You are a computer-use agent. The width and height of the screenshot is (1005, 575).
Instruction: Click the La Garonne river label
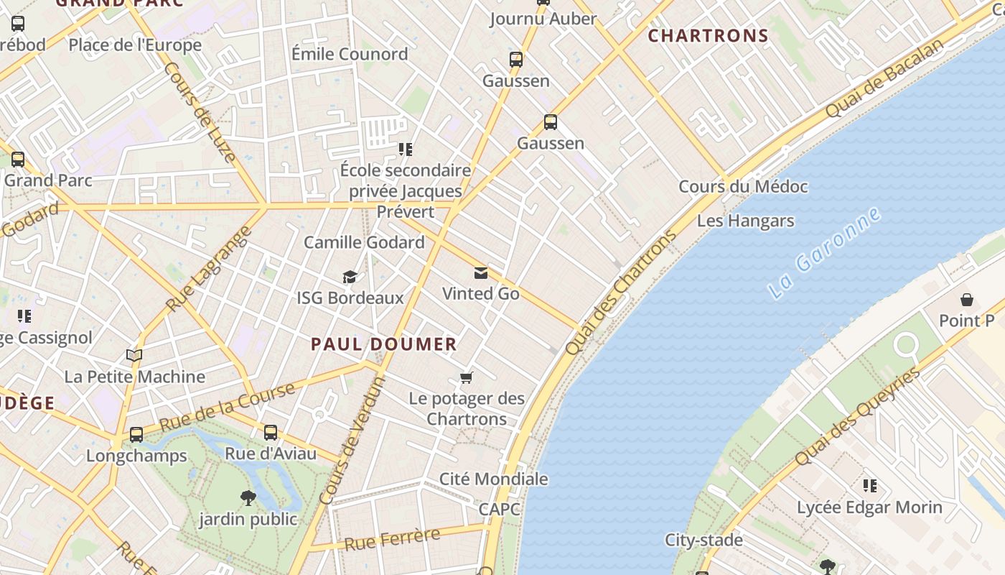pyautogui.click(x=825, y=254)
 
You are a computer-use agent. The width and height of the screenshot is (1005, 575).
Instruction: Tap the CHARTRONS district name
pyautogui.click(x=708, y=35)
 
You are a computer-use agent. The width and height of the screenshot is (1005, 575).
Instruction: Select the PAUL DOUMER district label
pyautogui.click(x=383, y=344)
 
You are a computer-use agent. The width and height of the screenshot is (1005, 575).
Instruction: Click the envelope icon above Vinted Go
pyautogui.click(x=480, y=273)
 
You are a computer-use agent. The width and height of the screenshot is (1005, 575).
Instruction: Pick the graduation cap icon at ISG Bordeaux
pyautogui.click(x=350, y=277)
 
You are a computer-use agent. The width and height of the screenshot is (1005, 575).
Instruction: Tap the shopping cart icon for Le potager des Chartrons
pyautogui.click(x=467, y=378)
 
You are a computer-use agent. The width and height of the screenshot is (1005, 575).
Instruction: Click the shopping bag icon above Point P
pyautogui.click(x=966, y=300)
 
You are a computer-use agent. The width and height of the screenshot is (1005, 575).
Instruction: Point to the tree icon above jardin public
pyautogui.click(x=248, y=498)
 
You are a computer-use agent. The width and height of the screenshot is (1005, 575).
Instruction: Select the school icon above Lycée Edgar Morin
pyautogui.click(x=869, y=487)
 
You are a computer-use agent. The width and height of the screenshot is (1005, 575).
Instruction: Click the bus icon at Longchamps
pyautogui.click(x=136, y=435)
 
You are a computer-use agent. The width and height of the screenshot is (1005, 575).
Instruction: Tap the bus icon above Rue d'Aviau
pyautogui.click(x=270, y=433)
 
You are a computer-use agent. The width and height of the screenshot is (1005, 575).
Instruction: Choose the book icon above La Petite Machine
pyautogui.click(x=134, y=356)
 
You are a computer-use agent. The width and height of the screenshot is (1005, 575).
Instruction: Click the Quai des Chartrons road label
pyautogui.click(x=621, y=293)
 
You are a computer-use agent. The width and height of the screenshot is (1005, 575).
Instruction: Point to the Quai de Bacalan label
pyautogui.click(x=884, y=79)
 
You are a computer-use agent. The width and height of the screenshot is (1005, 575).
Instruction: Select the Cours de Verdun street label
pyautogui.click(x=352, y=441)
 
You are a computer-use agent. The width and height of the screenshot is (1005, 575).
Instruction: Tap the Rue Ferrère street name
pyautogui.click(x=392, y=539)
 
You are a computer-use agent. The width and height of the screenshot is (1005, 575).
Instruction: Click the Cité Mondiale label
pyautogui.click(x=493, y=479)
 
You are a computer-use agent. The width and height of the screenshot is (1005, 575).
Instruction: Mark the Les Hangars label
pyautogui.click(x=745, y=221)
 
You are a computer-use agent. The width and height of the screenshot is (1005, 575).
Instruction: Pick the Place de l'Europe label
pyautogui.click(x=135, y=45)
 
